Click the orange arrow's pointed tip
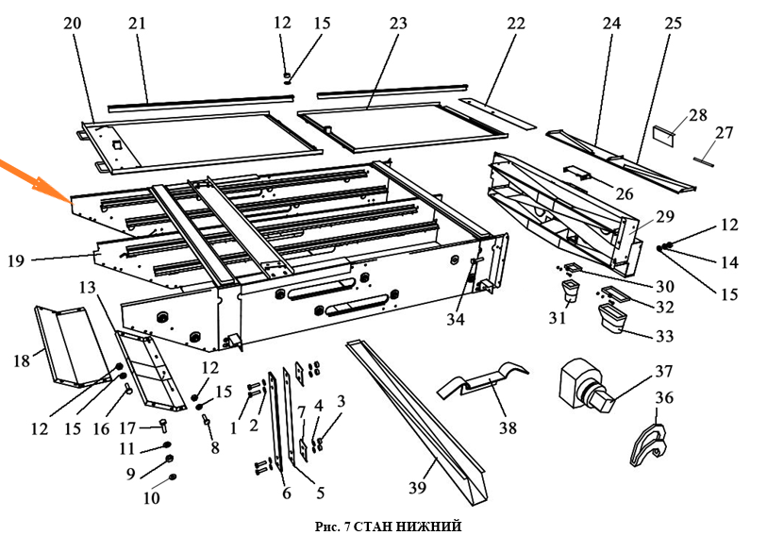tap(70, 201)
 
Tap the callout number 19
tap(16, 260)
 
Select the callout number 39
tap(418, 488)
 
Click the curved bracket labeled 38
tap(482, 380)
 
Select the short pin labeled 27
tap(704, 161)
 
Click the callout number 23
tap(398, 23)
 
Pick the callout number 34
tap(456, 320)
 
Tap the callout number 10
tap(151, 497)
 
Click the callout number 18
tap(22, 361)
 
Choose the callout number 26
tap(625, 193)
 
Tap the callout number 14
tap(729, 262)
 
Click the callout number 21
tap(137, 23)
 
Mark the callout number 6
tap(286, 493)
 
